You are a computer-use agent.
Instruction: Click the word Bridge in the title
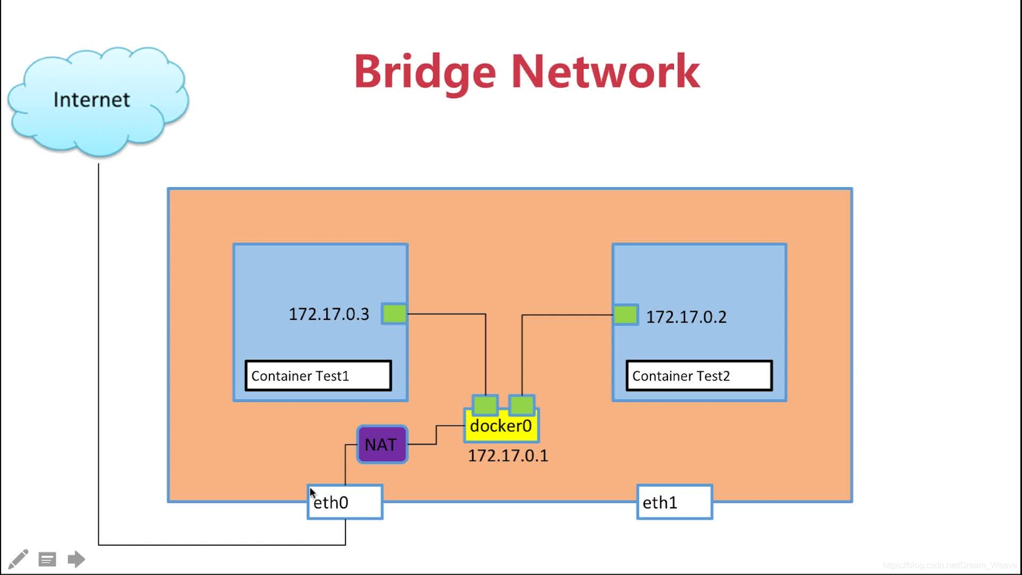pyautogui.click(x=425, y=72)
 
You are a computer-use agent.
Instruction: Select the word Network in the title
pyautogui.click(x=605, y=72)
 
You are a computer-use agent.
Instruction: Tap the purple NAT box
pyautogui.click(x=382, y=445)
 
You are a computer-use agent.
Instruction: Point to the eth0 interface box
pyautogui.click(x=345, y=502)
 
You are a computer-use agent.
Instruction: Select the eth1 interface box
pyautogui.click(x=674, y=502)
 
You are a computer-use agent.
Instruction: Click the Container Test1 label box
pyautogui.click(x=318, y=376)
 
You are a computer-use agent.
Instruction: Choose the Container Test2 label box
pyautogui.click(x=699, y=376)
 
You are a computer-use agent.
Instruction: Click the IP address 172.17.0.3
pyautogui.click(x=328, y=314)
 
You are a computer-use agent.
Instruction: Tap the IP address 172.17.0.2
pyautogui.click(x=686, y=317)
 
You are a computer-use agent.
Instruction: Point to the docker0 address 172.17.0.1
pyautogui.click(x=508, y=456)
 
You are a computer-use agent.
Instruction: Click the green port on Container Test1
pyautogui.click(x=394, y=314)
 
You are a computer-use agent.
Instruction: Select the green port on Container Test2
pyautogui.click(x=625, y=315)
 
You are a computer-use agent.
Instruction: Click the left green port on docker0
pyautogui.click(x=485, y=405)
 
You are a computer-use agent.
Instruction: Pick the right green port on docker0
pyautogui.click(x=522, y=405)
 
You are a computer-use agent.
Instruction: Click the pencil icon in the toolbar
pyautogui.click(x=18, y=559)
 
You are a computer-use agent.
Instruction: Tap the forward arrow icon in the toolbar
pyautogui.click(x=76, y=559)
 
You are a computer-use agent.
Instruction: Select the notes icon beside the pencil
pyautogui.click(x=47, y=560)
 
